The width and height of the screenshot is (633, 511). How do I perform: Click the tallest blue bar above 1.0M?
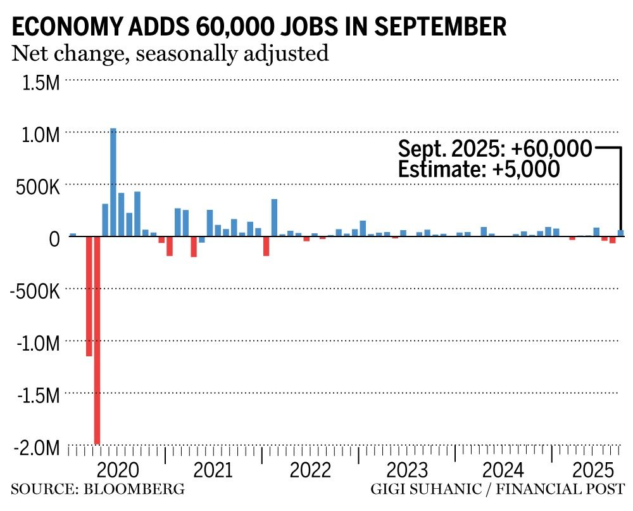113,182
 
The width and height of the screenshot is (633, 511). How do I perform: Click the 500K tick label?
39,187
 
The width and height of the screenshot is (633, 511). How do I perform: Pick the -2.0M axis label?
37,448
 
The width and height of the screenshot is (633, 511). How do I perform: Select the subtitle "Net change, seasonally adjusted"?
170,53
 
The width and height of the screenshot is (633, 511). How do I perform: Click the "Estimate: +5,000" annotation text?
479,169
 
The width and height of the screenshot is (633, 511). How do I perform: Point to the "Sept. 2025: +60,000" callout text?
495,149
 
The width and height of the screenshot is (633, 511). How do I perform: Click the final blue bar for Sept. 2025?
621,233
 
